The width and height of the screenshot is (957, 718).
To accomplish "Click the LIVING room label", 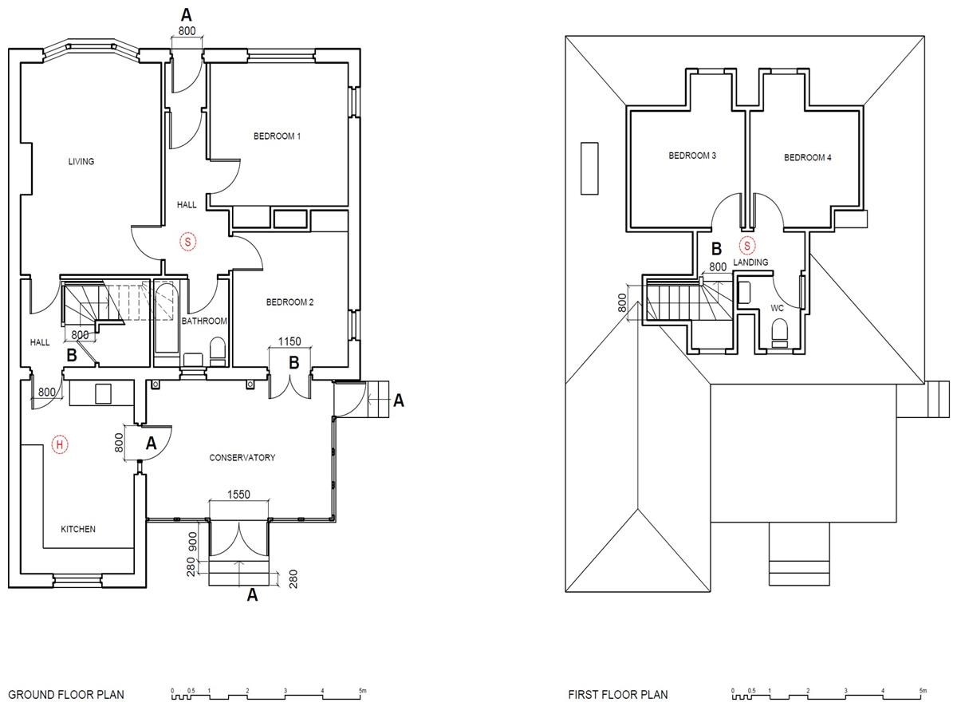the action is pos(81,161).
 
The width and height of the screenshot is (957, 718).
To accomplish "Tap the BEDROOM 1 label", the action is pos(277,136).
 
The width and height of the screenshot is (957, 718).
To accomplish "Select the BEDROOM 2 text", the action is pos(289,302).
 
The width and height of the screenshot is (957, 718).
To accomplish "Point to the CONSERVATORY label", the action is pos(242,458).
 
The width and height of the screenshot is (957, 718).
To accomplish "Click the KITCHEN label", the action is pos(78,529).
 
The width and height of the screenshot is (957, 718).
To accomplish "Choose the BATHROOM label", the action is pos(204,322).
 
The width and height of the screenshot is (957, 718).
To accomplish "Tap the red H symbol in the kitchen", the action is pos(60,444).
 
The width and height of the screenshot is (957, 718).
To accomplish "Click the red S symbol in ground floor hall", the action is pos(188,242).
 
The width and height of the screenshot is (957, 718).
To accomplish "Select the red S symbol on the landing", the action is pos(747,247).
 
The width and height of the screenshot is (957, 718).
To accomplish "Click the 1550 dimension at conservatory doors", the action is pos(238,495).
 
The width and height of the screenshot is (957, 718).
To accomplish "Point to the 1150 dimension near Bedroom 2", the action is pos(289,341).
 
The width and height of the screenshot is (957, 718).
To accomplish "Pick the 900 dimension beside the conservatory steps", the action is pos(192,542).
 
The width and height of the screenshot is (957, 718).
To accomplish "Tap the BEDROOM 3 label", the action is pos(692,156).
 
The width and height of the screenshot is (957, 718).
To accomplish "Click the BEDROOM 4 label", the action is pos(807,157).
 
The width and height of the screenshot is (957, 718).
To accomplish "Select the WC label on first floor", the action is pos(777,308).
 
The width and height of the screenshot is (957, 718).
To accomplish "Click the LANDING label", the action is pos(750,262).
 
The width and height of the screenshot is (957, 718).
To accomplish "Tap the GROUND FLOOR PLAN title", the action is pos(66,694).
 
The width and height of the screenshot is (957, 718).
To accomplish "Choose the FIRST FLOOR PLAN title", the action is pos(618,694).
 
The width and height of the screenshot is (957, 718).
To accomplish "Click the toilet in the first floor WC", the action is pos(778,333).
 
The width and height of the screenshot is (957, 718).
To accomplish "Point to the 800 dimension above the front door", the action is pos(187,31).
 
